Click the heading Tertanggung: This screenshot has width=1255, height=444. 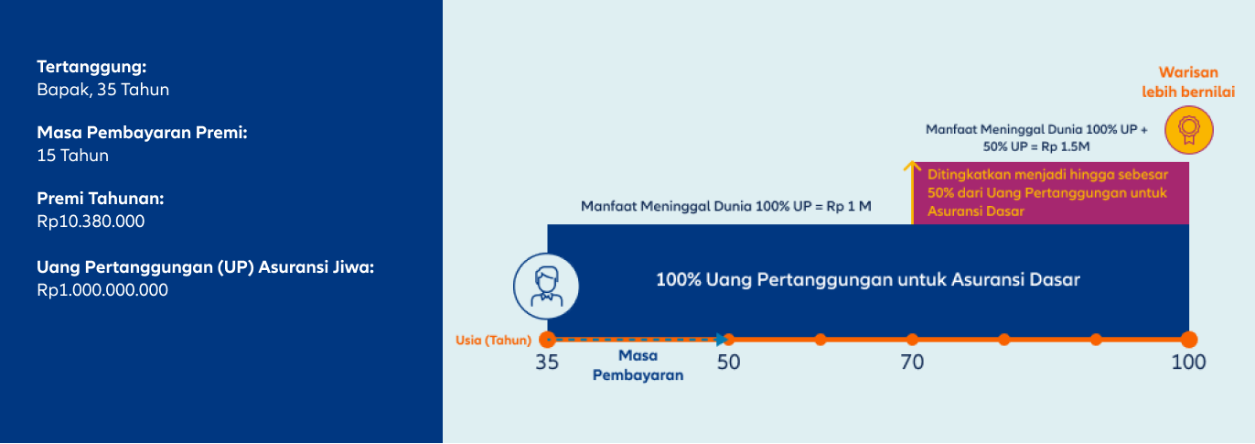coord(91,67)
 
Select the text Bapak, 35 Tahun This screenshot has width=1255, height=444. coord(103,90)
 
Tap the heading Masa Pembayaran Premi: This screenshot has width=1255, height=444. coord(142,133)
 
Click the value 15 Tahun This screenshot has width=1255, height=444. coord(73,156)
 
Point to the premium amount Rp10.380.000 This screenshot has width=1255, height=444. coord(91,222)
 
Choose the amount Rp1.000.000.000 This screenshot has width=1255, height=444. coord(102,290)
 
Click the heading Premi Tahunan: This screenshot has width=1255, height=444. coord(101,199)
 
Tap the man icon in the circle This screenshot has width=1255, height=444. coord(546,287)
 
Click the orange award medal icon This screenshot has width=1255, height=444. coord(1189,130)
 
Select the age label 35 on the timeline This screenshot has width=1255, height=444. coord(547,363)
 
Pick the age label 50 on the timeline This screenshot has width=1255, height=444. coord(728,363)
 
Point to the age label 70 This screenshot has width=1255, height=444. coord(912,363)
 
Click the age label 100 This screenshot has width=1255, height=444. coord(1188,363)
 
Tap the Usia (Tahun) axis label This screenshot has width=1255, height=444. coord(493,341)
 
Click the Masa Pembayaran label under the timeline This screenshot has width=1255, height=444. coord(638,365)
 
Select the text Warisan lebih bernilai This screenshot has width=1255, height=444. coord(1188,82)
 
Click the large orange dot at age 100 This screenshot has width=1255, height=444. coord(1189,339)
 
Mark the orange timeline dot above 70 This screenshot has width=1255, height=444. coord(912,339)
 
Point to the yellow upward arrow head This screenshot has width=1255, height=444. coord(912,166)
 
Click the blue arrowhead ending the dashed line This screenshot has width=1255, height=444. coord(722,339)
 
